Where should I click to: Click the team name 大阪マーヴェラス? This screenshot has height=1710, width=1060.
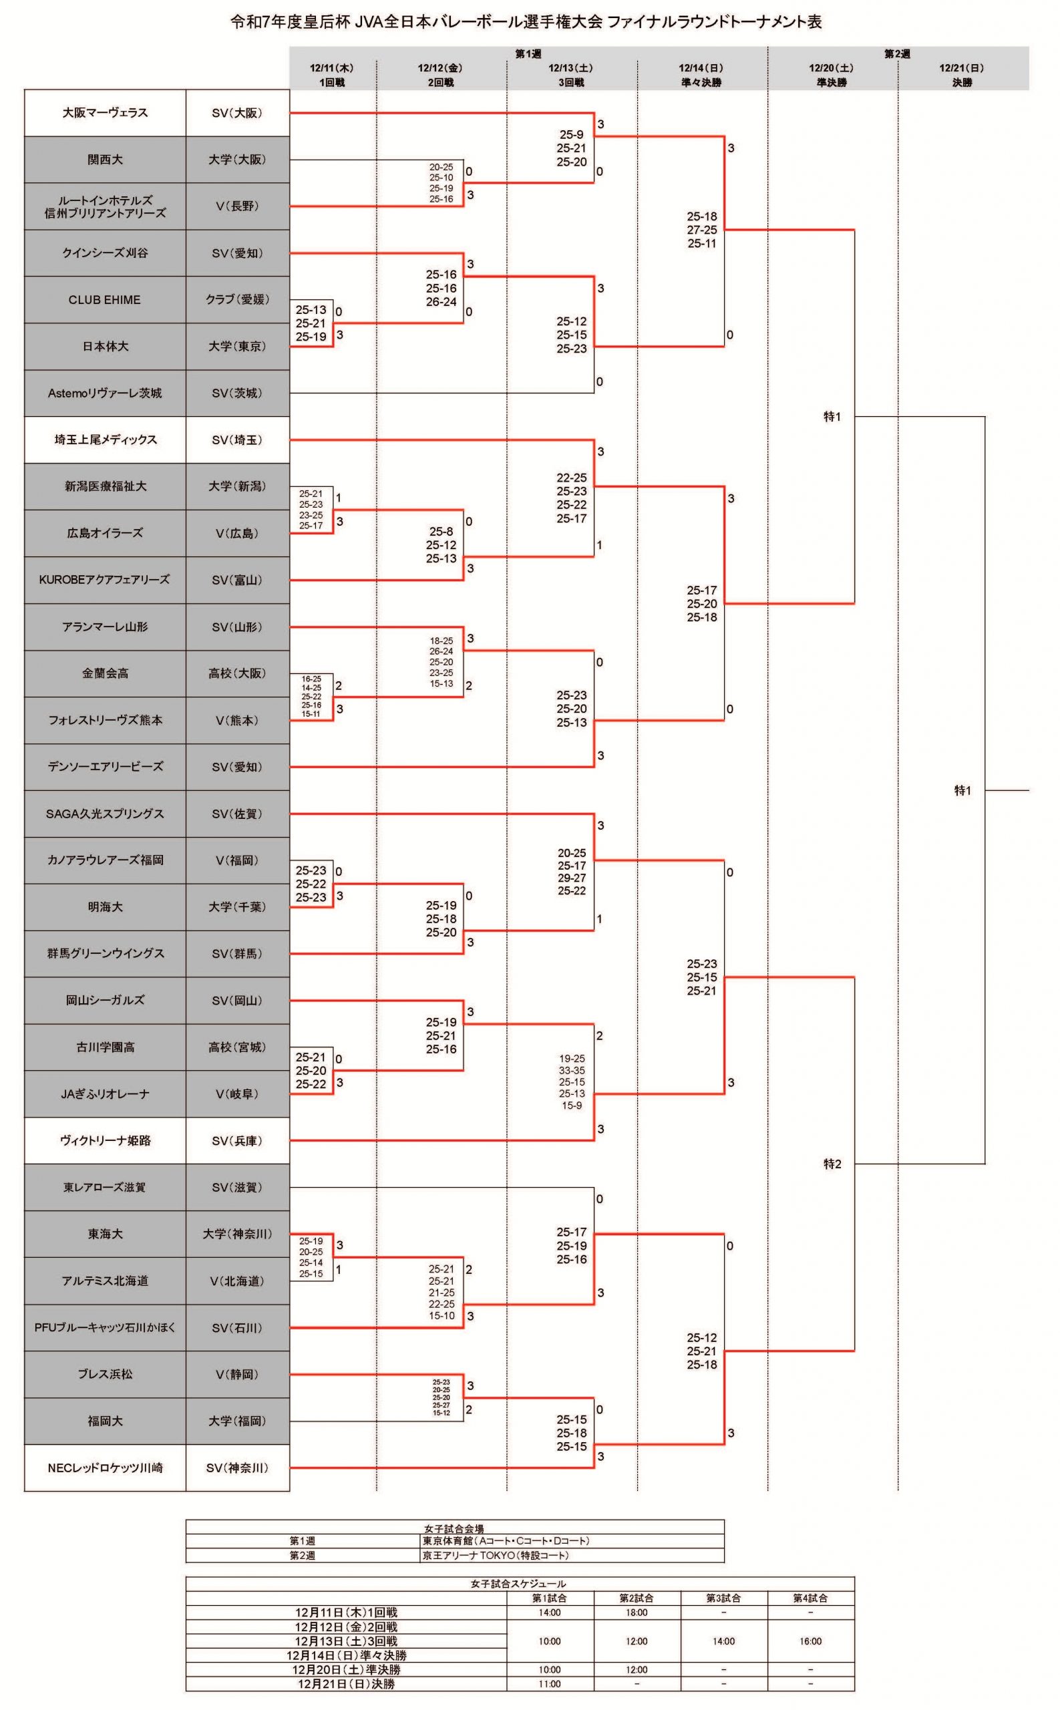tap(105, 113)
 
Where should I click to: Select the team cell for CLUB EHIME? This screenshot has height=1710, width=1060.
tap(105, 299)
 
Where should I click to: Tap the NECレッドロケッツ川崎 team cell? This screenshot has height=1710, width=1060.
tap(105, 1468)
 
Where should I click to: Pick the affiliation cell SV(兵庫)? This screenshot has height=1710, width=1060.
tap(238, 1141)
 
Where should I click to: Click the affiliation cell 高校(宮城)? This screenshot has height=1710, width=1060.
tap(238, 1047)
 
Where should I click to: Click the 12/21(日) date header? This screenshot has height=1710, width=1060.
tap(962, 68)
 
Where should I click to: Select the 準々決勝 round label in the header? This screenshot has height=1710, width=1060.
tap(701, 82)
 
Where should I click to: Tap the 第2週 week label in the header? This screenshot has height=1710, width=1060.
tap(897, 54)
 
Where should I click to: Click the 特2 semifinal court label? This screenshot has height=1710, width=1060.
tap(832, 1164)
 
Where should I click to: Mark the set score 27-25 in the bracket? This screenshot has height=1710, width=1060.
tap(702, 230)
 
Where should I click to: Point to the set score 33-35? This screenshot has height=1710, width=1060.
tap(572, 1071)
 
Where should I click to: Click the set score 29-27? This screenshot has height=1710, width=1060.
tap(572, 878)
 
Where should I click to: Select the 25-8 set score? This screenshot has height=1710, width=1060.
tap(441, 532)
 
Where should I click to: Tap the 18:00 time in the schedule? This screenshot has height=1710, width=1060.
tap(637, 1612)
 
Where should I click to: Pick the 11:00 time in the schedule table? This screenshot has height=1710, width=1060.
tap(550, 1683)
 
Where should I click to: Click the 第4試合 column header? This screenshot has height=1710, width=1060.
tap(810, 1598)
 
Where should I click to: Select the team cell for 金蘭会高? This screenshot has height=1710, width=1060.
tap(105, 674)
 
